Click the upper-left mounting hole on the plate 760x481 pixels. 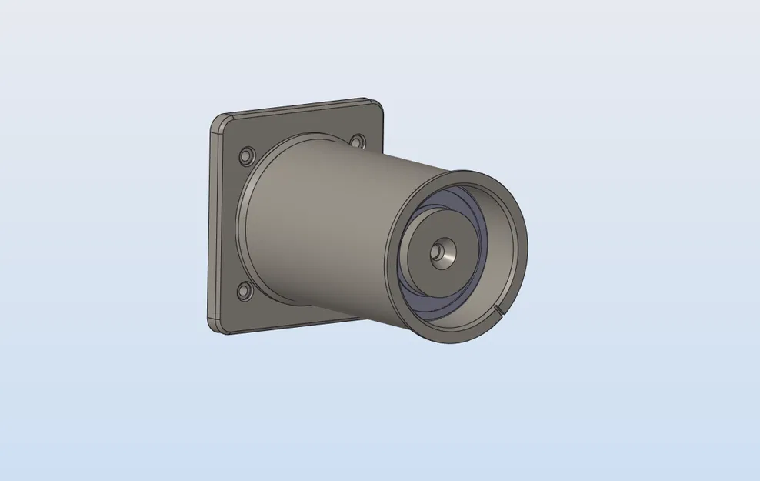point(246,155)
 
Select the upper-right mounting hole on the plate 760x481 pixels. point(357,142)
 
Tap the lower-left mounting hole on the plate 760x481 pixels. point(245,291)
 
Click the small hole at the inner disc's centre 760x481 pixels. point(438,251)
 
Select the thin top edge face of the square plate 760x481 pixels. point(300,109)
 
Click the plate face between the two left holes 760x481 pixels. point(231,223)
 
